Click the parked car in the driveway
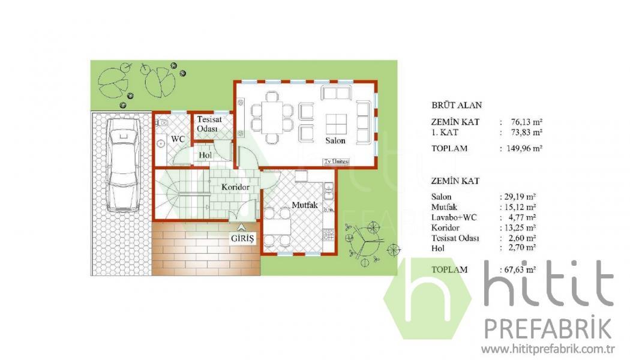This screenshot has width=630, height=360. (x=123, y=165)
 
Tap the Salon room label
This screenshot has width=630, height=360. (x=335, y=140)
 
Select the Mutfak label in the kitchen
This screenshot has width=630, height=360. (x=305, y=205)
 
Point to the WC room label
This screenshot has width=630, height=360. (x=178, y=139)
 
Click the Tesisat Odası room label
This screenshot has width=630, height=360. (x=209, y=124)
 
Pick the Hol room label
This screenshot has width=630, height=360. (x=205, y=155)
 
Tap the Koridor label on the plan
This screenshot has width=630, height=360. (x=235, y=187)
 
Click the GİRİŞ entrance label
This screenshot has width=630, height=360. (x=242, y=239)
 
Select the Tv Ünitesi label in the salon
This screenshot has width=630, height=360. (x=337, y=161)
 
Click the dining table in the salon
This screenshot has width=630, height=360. (x=272, y=118)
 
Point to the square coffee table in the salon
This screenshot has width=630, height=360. (x=336, y=125)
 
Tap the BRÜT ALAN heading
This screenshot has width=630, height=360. (x=457, y=105)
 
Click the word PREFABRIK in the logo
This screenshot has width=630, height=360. (x=548, y=329)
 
